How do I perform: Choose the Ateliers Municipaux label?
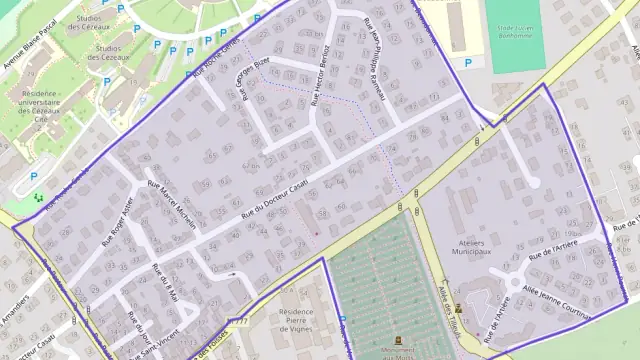click(467, 248)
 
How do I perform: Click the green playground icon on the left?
click(39, 198)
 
